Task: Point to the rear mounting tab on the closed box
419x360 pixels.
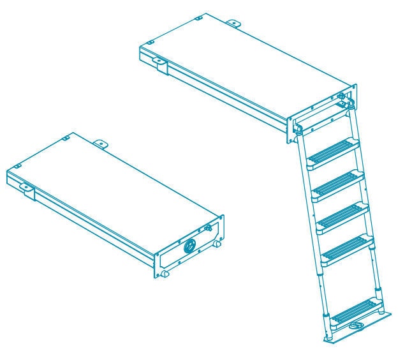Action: (100, 144)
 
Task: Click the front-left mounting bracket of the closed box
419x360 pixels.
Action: (27, 189)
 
